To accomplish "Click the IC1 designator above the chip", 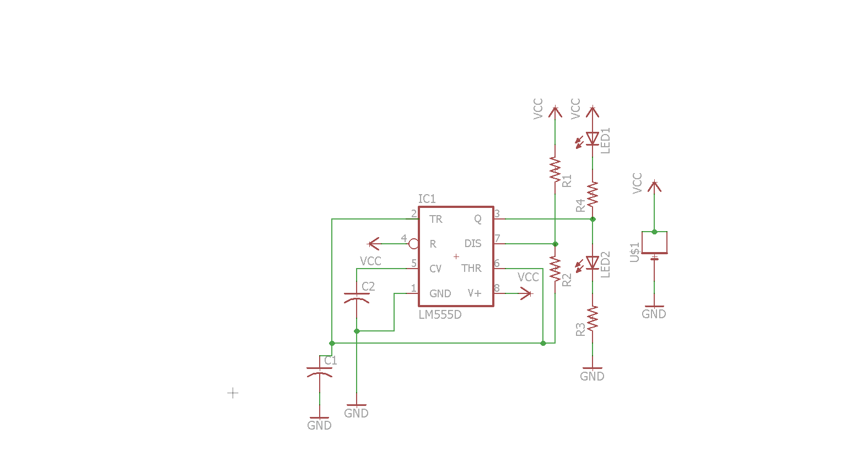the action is [x=427, y=199].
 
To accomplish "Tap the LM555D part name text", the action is [x=440, y=314].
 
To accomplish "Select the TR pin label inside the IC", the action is [x=436, y=220].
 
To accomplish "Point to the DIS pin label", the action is [x=473, y=243].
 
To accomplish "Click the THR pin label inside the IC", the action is [x=471, y=268].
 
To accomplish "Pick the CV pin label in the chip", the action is [x=435, y=269].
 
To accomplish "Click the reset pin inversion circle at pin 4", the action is [x=414, y=244].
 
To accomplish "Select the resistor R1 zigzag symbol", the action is [x=555, y=169].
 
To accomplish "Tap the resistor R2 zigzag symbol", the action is [x=555, y=269].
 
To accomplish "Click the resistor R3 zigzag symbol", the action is [x=593, y=318].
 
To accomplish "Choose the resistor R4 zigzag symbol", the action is [x=593, y=194].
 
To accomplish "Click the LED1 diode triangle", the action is [x=593, y=138].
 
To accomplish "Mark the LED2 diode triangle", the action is [x=593, y=263].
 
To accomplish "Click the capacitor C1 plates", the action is [x=319, y=372].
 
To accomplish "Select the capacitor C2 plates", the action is [x=357, y=297].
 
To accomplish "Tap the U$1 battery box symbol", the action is [x=654, y=243].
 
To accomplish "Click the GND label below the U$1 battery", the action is [x=654, y=314].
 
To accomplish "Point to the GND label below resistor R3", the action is [x=592, y=376].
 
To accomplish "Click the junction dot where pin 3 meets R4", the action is [x=593, y=220].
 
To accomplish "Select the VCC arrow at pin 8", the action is [x=526, y=293].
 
